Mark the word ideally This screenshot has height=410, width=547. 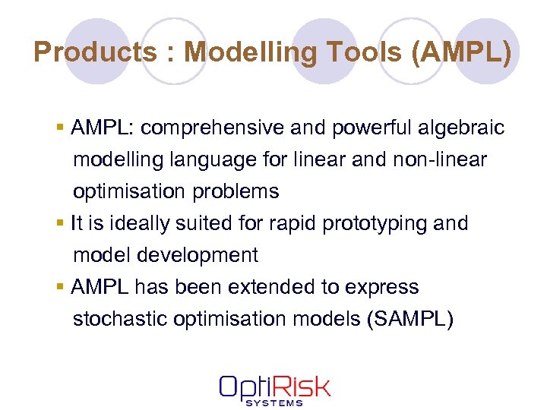(119, 223)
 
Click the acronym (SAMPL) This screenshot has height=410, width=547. (409, 319)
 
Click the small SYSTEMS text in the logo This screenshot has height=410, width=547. (274, 403)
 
